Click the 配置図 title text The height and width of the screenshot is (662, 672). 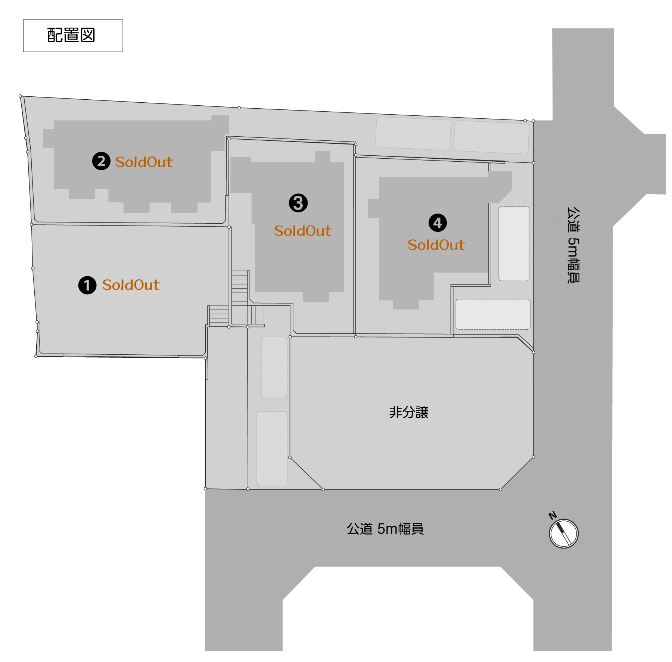click(x=71, y=35)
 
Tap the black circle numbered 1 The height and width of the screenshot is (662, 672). click(x=87, y=285)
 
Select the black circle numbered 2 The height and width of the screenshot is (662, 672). click(x=101, y=161)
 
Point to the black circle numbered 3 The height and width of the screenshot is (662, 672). click(x=298, y=203)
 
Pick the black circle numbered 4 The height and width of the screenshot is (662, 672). click(x=438, y=223)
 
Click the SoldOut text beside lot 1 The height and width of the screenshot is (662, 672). click(x=131, y=285)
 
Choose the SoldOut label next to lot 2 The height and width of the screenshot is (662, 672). click(x=144, y=162)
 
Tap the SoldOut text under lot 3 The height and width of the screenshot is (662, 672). click(x=303, y=231)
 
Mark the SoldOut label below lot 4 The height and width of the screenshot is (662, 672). click(x=436, y=245)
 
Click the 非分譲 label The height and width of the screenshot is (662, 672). click(x=409, y=413)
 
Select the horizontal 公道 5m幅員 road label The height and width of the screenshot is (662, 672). click(x=385, y=529)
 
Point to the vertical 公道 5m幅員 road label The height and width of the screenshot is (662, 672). click(x=573, y=245)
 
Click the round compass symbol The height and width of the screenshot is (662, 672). click(x=564, y=534)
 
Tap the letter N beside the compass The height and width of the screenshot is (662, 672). click(x=553, y=516)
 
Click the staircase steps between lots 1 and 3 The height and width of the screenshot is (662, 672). click(x=239, y=288)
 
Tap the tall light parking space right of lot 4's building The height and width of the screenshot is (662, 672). click(x=514, y=244)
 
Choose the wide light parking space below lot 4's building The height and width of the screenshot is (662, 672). click(x=493, y=314)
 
